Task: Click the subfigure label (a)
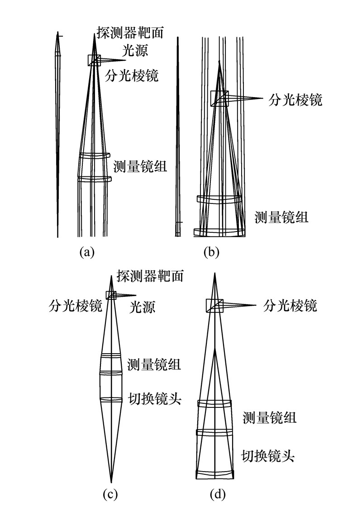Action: (x=86, y=252)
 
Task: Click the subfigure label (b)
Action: (x=211, y=252)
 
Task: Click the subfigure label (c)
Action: (x=110, y=494)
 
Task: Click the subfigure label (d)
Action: (x=219, y=494)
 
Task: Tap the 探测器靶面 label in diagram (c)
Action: (x=150, y=275)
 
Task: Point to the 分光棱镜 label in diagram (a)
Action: (x=132, y=75)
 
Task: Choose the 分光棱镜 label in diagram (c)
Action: (x=76, y=306)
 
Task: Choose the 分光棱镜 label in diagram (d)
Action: (x=290, y=306)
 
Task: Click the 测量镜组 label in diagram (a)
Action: (x=140, y=166)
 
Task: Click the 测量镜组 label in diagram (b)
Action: (x=281, y=217)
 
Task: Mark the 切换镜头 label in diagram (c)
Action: (x=155, y=399)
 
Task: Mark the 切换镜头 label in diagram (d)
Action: (x=268, y=455)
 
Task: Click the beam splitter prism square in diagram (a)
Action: (x=94, y=60)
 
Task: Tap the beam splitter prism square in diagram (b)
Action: (x=220, y=98)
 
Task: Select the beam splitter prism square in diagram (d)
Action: (x=214, y=306)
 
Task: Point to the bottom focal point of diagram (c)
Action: (x=111, y=480)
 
